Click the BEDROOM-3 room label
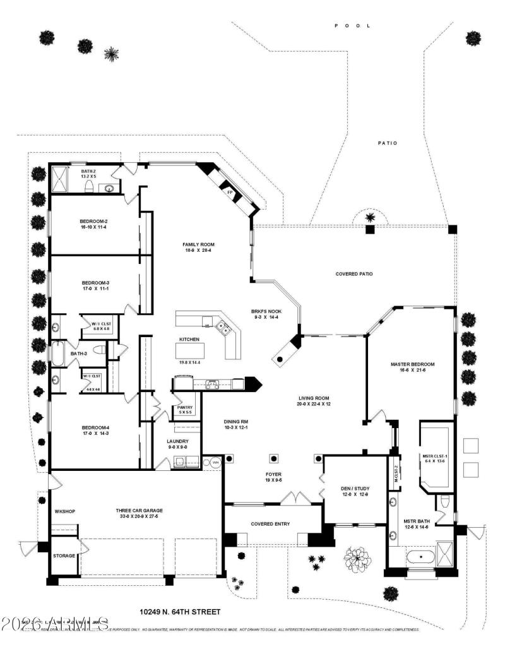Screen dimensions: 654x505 coord(96,282)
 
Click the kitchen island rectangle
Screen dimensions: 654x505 coord(190,350)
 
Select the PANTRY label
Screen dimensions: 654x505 coord(184,407)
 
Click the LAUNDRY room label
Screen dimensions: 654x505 coord(178,441)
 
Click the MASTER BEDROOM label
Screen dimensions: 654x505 coord(412,364)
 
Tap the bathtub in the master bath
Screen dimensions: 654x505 coord(420,557)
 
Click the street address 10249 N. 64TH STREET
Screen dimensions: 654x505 coord(180,612)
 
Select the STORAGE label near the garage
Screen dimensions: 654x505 coord(64,556)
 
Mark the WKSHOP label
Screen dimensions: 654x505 coord(65,511)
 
